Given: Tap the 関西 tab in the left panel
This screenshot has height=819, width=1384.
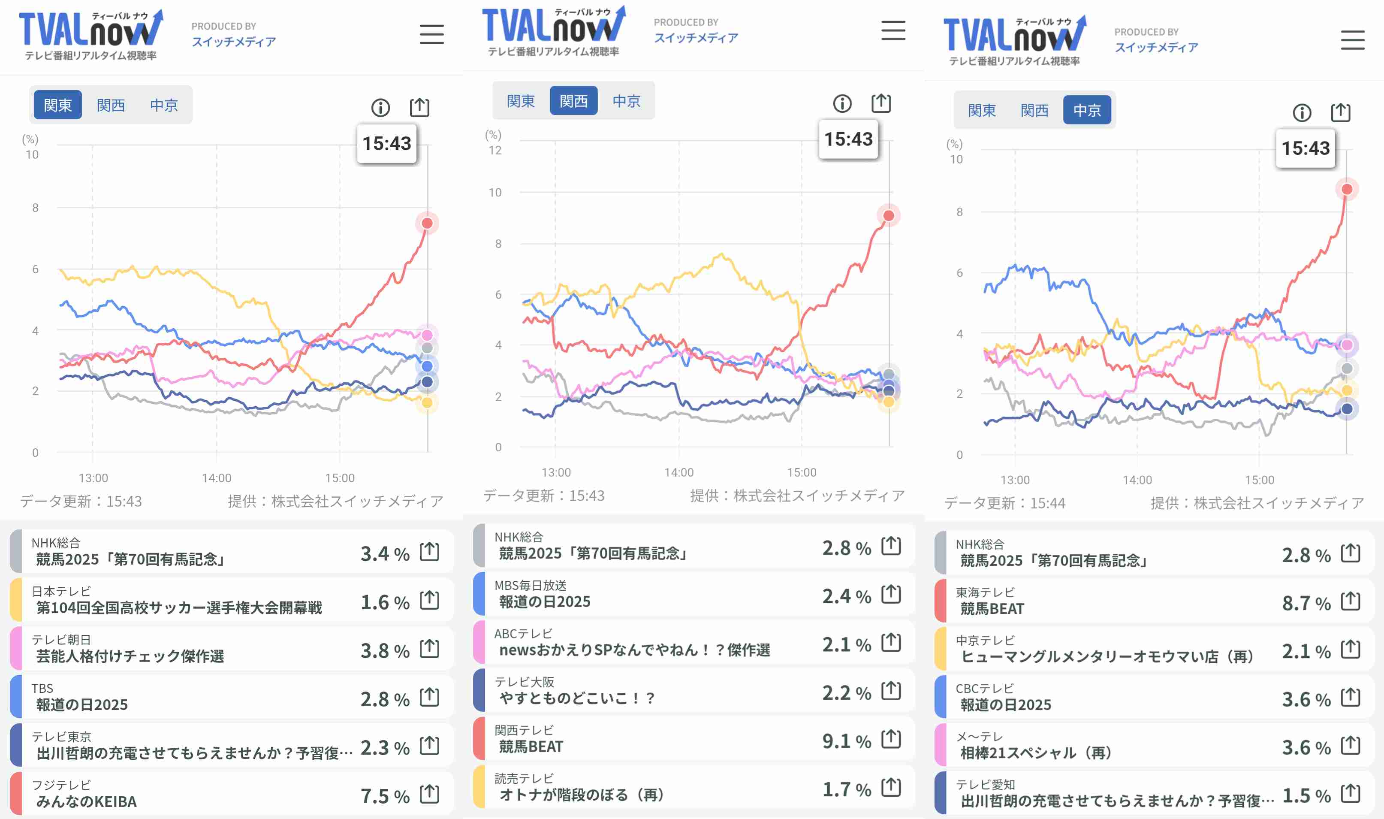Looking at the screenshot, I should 111,105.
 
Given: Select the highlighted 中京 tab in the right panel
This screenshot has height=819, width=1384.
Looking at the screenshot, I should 1087,110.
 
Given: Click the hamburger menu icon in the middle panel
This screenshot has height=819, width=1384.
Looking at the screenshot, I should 893,30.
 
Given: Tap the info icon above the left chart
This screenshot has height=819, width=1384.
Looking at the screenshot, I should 380,108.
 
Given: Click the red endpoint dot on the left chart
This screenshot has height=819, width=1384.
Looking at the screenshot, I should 427,223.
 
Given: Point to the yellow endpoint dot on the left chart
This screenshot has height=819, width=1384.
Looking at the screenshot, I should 427,403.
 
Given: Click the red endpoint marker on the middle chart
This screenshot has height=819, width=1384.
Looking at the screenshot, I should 888,215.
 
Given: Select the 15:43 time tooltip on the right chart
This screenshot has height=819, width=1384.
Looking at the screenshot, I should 1305,148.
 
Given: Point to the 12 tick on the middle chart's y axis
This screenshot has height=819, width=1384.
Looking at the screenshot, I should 495,150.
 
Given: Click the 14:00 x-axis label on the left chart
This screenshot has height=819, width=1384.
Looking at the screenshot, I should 216,478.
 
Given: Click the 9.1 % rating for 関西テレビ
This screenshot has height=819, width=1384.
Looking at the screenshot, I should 846,740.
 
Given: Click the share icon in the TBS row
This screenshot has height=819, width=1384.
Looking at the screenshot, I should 429,697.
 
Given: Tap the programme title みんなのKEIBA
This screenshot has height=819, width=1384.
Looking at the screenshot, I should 87,801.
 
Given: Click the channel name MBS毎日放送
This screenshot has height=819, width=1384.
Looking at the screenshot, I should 530,585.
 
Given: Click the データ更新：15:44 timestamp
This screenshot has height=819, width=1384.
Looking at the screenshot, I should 1004,503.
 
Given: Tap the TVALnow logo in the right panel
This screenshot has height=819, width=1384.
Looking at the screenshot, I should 1014,39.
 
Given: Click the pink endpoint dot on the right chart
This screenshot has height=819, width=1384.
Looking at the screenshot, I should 1347,345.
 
